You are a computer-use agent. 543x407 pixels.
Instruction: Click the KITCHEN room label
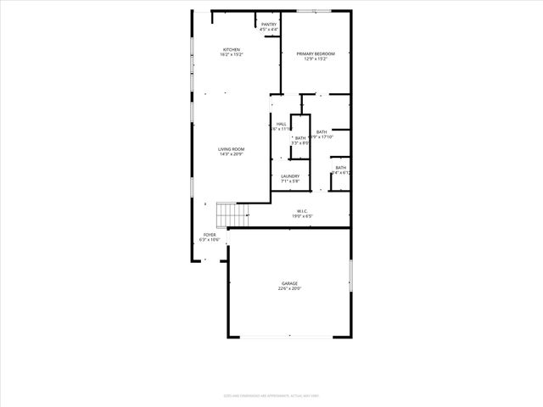coord(232,50)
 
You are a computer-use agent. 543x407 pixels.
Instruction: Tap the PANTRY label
coord(269,25)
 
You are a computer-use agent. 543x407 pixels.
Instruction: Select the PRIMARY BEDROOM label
coord(316,54)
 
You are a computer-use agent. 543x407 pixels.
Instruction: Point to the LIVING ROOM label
coord(231,149)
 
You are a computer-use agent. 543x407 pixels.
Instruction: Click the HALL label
coord(281,125)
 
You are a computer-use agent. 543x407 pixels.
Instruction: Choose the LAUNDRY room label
coord(290,176)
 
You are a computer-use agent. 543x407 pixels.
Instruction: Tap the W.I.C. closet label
coord(301,211)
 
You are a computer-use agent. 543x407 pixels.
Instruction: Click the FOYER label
coord(209,235)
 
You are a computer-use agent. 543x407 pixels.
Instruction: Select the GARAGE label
coord(290,283)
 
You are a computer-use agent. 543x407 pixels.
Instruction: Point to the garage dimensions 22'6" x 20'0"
coord(290,289)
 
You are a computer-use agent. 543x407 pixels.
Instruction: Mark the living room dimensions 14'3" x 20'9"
coord(231,155)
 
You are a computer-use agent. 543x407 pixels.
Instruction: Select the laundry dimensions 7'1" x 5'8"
coord(290,181)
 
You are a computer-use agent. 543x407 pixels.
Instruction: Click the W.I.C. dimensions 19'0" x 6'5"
coord(301,217)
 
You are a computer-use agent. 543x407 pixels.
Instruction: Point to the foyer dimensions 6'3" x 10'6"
coord(209,240)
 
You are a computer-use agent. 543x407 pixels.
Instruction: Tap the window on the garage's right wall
coord(350,279)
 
